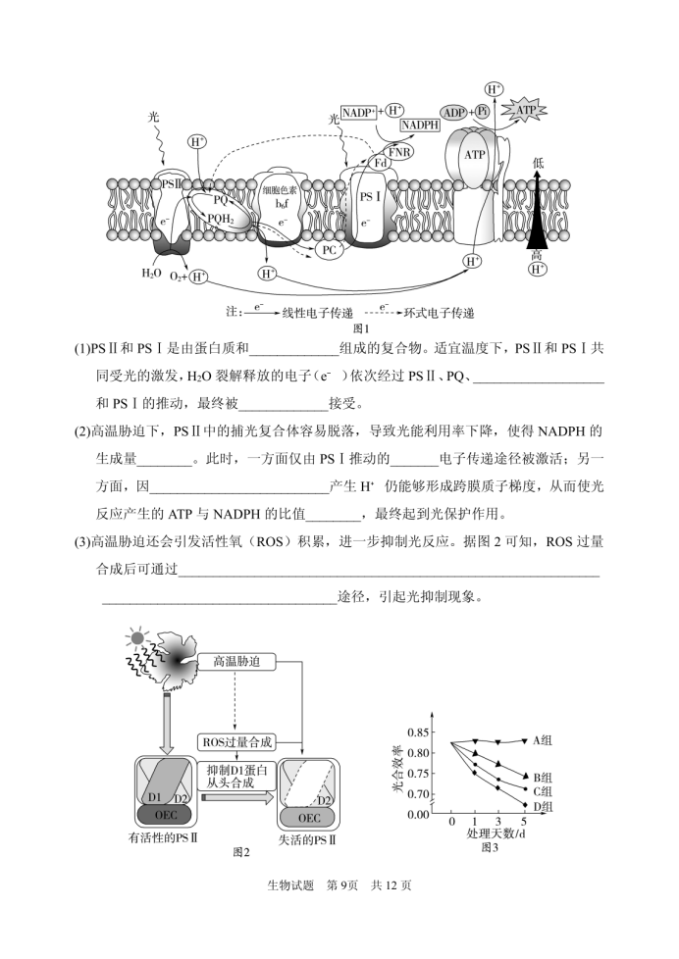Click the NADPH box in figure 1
420,125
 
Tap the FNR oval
398,150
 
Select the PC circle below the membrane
330,249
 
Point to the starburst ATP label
525,110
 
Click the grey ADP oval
454,113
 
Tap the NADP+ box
358,113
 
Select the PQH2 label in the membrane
221,218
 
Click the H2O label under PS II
151,274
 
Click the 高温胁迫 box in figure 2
236,662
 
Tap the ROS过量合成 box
236,742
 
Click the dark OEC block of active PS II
165,815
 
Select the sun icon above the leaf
136,638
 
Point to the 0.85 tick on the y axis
419,732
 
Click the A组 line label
542,740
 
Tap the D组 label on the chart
543,807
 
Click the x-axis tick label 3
497,822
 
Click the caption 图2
241,852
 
